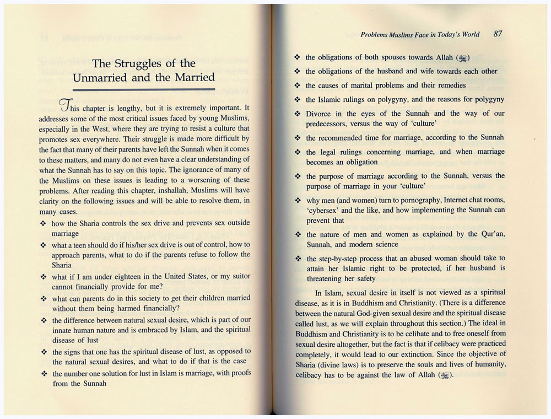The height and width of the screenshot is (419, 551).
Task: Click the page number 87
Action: pos(498,34)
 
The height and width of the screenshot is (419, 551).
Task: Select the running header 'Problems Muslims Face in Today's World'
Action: pos(420,35)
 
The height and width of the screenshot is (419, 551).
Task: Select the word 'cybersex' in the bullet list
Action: pos(325,210)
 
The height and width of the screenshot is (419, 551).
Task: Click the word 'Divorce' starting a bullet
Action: pos(319,114)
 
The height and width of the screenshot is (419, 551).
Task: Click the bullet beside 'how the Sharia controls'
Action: pos(43,223)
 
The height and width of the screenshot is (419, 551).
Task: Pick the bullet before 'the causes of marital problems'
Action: pos(297,85)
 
